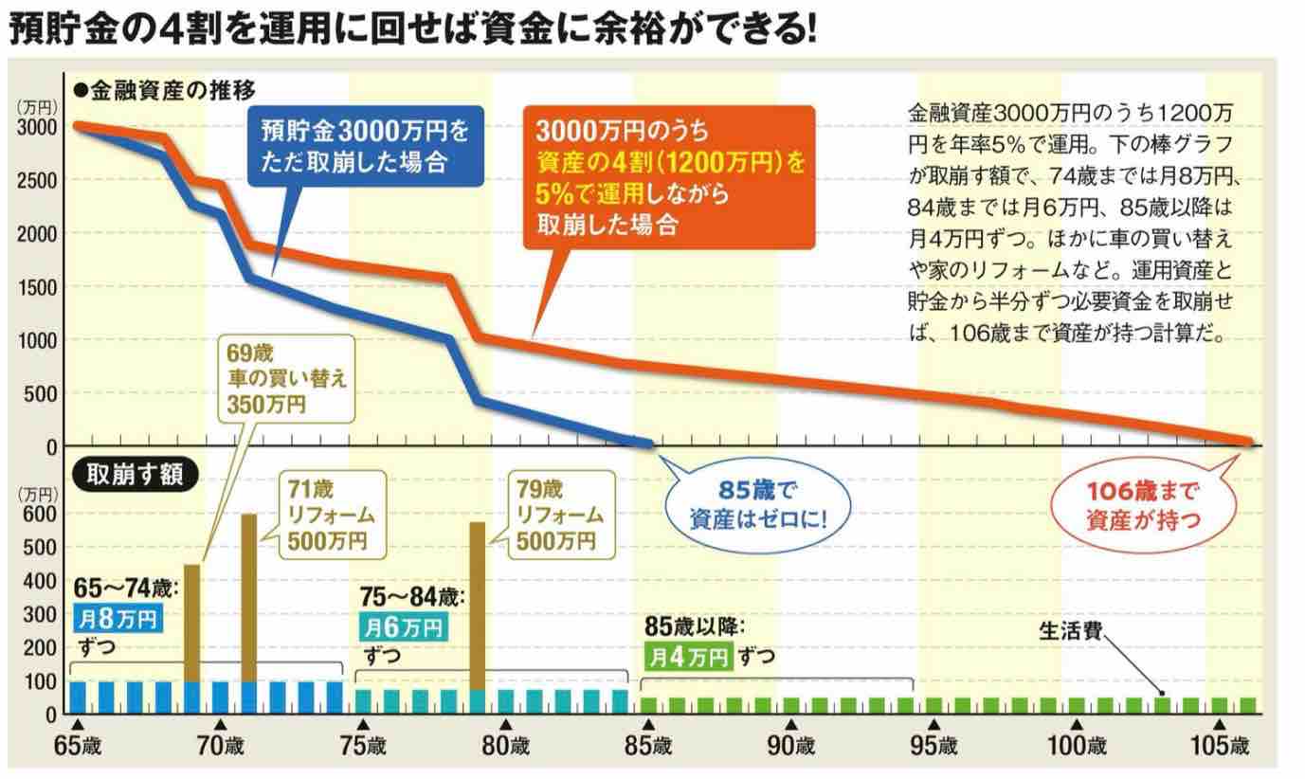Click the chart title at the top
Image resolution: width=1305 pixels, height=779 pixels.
412,30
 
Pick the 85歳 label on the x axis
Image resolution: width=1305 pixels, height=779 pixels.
651,746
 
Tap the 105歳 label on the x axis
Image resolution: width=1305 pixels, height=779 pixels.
1220,746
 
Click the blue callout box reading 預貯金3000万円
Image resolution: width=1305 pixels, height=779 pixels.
364,145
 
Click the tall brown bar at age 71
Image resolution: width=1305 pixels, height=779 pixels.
249,597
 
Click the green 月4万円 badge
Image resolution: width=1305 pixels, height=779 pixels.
688,655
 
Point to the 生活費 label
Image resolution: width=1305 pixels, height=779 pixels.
1070,631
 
